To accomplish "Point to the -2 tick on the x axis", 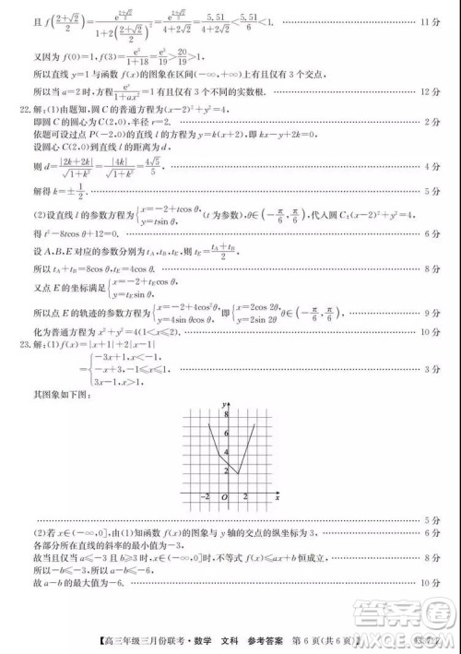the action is [x=205, y=498].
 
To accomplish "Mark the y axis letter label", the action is [x=223, y=403].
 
